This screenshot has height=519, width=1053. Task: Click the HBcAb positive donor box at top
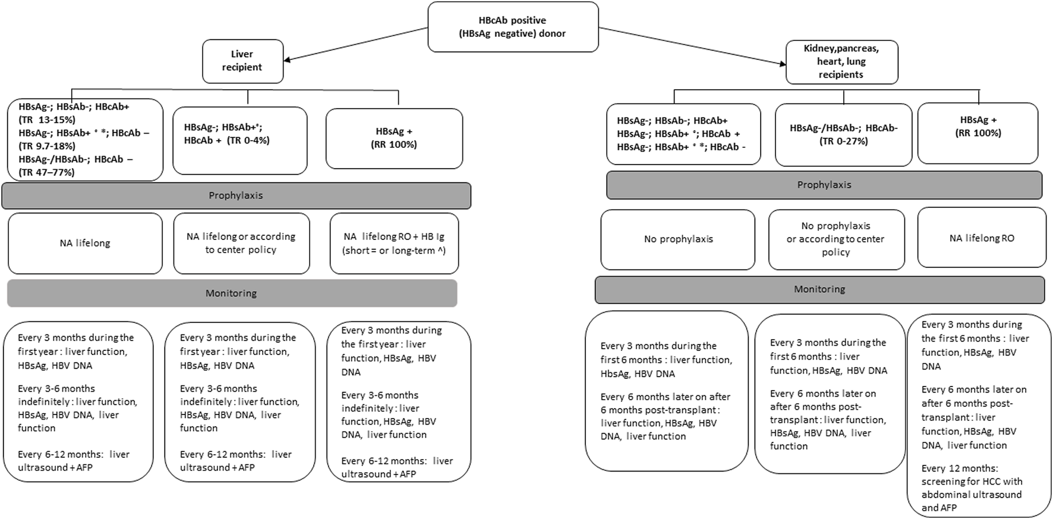(x=513, y=27)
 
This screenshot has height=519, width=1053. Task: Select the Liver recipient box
(x=242, y=61)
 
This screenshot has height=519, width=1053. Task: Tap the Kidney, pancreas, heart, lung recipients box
(x=841, y=62)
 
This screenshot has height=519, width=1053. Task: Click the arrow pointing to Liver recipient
(x=357, y=43)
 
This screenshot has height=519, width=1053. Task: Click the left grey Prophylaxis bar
(x=236, y=195)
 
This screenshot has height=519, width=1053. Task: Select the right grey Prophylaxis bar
(x=824, y=185)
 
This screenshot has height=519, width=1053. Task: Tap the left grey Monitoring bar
(x=232, y=293)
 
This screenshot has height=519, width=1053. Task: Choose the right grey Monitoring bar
(x=819, y=289)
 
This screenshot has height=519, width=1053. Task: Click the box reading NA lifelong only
(x=85, y=243)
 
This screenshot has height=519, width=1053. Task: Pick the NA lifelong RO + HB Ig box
(x=394, y=243)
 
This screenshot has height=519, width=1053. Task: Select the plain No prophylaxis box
(x=678, y=239)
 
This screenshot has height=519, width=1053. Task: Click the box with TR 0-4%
(x=240, y=140)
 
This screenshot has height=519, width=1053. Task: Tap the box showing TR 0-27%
(x=843, y=135)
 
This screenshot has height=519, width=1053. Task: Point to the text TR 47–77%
(x=47, y=172)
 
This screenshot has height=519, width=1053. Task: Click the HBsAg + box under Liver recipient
(x=394, y=138)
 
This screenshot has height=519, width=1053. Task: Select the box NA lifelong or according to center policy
(x=241, y=243)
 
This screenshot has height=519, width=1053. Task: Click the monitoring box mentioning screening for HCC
(x=979, y=416)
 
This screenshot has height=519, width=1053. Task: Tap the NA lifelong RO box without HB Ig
(x=982, y=238)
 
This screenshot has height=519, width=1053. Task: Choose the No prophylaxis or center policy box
(x=836, y=239)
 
